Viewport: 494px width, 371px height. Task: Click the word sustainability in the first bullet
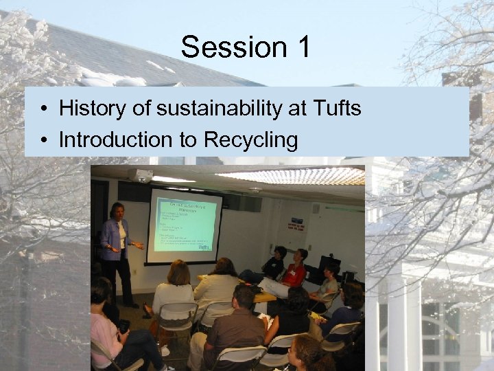coord(213,109)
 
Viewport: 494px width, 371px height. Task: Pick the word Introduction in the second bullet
coord(116,139)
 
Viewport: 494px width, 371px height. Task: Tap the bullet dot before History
coord(43,109)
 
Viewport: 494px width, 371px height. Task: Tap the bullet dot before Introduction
coord(43,141)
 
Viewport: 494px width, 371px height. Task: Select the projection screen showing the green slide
coord(184,225)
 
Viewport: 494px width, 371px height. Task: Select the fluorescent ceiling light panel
coord(292,176)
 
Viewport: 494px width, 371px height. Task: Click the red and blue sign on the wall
coord(297,225)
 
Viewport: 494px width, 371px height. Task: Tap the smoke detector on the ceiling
coord(255,189)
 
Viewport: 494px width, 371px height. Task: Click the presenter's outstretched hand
coord(140,245)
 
